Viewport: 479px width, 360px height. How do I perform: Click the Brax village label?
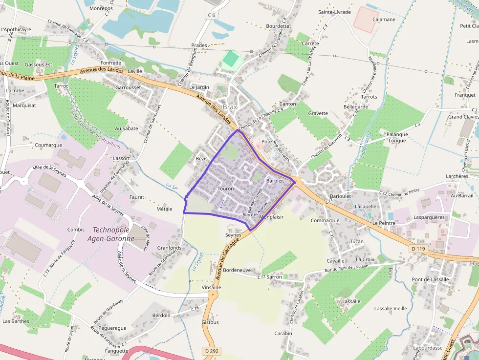point(229,106)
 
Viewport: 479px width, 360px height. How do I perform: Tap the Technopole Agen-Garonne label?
point(113,234)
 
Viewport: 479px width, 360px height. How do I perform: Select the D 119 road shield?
point(419,249)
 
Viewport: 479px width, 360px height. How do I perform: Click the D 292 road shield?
point(211,351)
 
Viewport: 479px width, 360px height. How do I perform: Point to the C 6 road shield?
point(211,15)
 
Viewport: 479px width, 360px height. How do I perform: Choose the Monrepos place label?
point(101,8)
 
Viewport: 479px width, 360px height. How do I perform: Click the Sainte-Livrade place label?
point(334,12)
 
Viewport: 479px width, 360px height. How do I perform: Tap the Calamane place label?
point(384,20)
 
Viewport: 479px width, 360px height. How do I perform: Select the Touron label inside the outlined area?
point(226,189)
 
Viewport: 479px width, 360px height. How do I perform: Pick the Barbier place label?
point(274,181)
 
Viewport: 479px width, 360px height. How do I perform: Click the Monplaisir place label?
point(272,217)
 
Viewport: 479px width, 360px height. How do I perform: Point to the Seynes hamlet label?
point(233,235)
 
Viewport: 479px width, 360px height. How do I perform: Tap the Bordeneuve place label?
point(237,270)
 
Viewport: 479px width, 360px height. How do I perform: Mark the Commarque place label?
point(325,220)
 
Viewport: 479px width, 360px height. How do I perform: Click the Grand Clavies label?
point(463,117)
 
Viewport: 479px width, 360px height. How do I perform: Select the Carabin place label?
point(283,333)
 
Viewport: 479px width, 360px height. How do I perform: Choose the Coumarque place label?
point(48,145)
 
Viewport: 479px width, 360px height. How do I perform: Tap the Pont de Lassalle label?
point(430,279)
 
